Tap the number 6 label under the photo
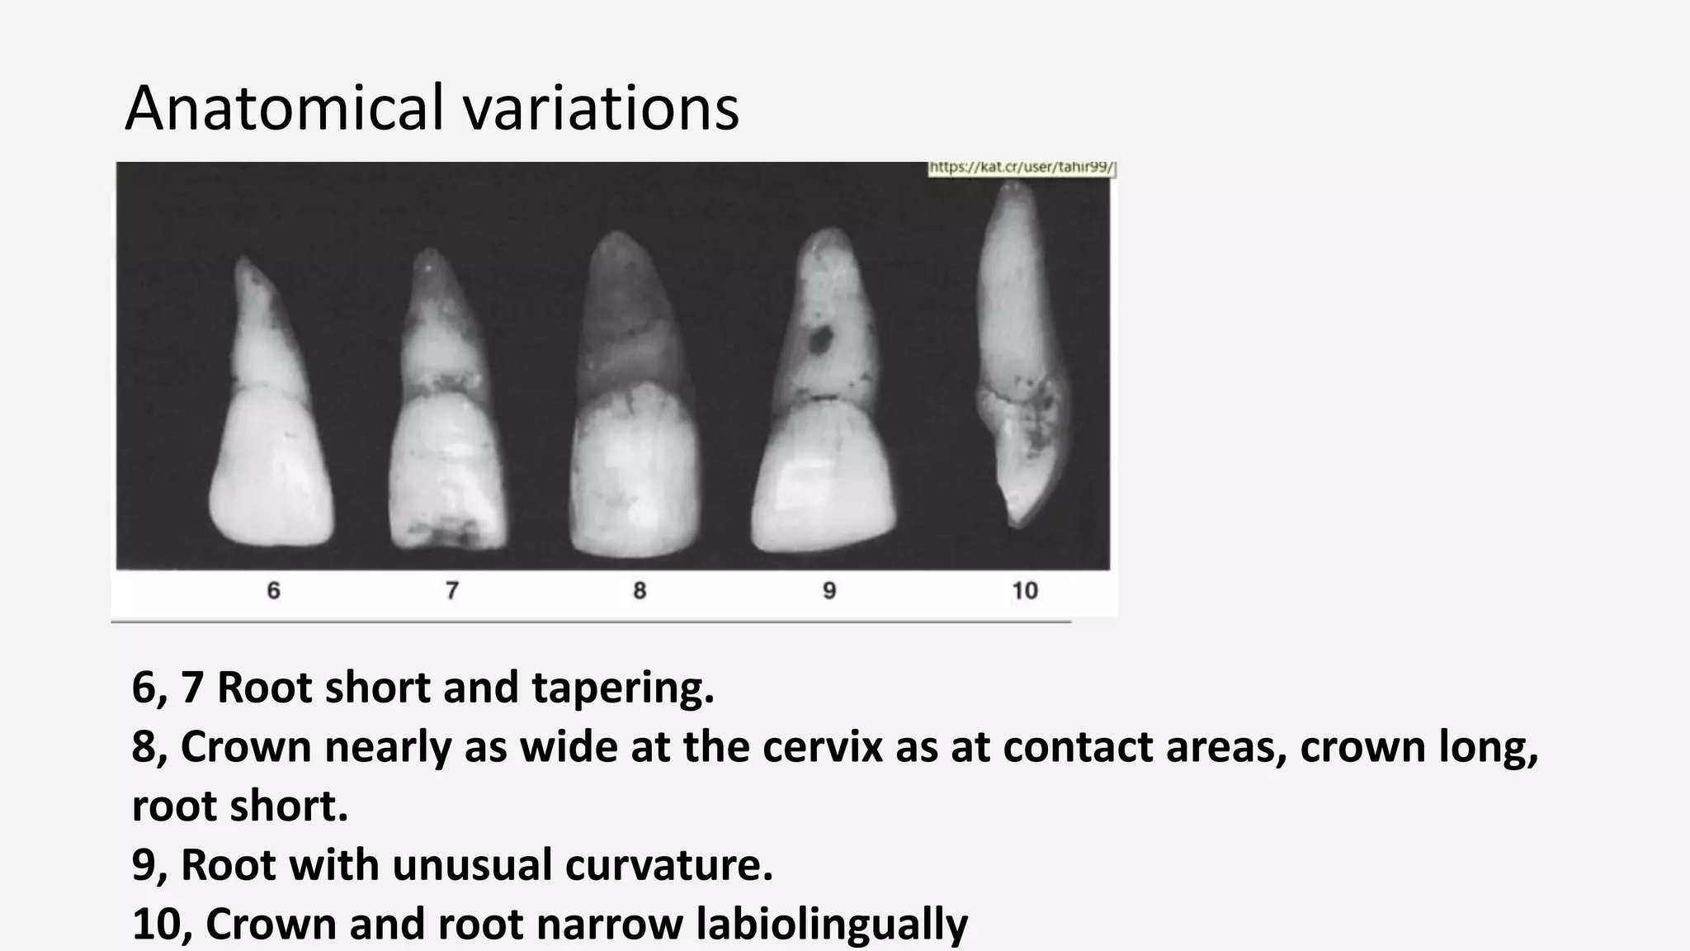274,590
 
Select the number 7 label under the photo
452,590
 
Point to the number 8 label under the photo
640,590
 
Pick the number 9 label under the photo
829,590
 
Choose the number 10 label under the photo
1025,590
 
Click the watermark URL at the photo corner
1022,168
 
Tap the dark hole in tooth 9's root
822,338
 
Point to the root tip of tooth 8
616,239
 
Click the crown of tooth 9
825,479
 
